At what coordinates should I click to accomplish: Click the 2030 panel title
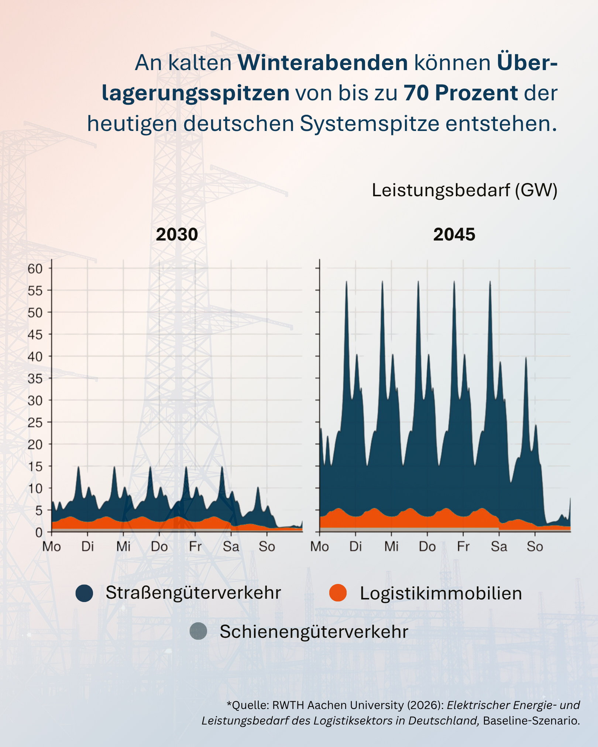[177, 235]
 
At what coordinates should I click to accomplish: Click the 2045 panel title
[454, 235]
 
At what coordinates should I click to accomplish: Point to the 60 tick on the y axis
[35, 269]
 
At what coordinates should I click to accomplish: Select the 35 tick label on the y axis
[35, 378]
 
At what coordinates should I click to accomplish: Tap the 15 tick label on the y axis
[35, 466]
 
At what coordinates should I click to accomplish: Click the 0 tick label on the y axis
[39, 532]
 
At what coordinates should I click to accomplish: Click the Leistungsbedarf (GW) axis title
[464, 190]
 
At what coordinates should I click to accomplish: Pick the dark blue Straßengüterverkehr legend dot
[84, 593]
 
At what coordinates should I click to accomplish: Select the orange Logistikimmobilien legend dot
[338, 593]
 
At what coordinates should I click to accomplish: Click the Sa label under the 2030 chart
[231, 546]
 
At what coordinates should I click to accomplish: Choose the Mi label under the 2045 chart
[391, 546]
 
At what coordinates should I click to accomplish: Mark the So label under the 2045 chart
[535, 546]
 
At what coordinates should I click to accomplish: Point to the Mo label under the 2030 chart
[52, 546]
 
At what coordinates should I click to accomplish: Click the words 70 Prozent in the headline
[461, 93]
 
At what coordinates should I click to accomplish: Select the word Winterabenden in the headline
[323, 63]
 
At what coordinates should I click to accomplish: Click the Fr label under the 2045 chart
[463, 546]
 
